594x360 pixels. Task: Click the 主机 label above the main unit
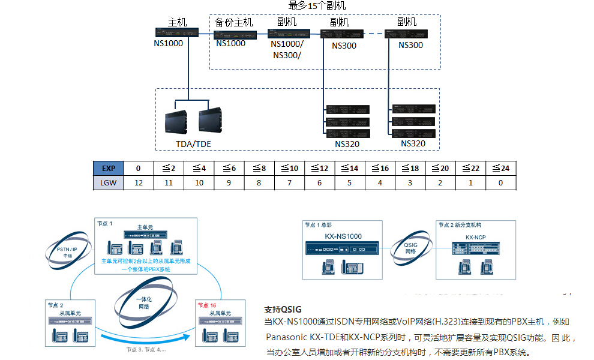point(177,22)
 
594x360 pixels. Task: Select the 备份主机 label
point(233,22)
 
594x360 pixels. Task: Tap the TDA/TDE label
point(194,144)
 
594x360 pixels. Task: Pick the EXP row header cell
point(109,169)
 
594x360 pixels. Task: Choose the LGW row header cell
point(109,182)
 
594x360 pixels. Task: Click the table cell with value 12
point(139,182)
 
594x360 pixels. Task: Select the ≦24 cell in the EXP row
point(500,169)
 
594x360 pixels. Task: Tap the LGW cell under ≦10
point(289,182)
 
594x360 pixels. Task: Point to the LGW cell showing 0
point(500,182)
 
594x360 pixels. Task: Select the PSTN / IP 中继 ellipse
point(67,250)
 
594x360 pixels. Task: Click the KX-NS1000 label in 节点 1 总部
point(343,236)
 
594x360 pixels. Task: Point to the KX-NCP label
point(475,238)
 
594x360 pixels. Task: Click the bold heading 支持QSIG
point(283,310)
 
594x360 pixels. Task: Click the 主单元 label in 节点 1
point(145,227)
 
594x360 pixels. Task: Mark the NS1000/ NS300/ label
point(287,50)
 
